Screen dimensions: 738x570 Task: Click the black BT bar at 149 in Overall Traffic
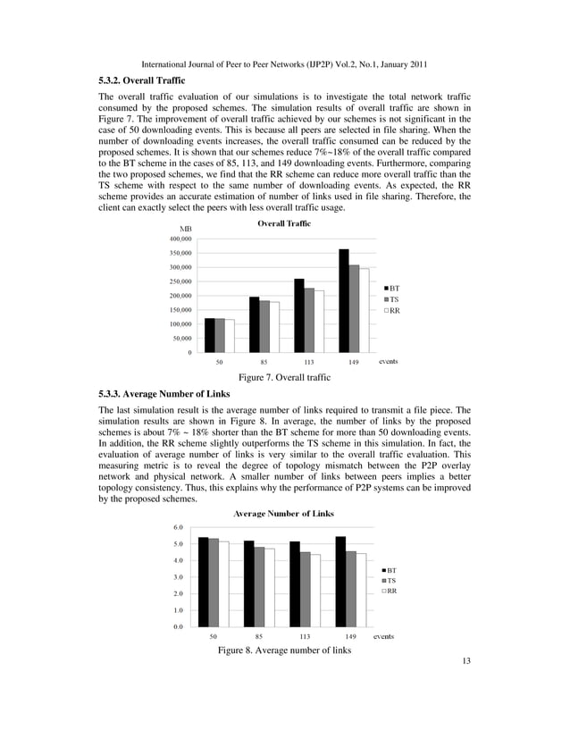[343, 302]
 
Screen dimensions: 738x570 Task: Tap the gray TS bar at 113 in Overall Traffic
[308, 321]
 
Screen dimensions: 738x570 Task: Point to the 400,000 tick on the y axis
[180, 239]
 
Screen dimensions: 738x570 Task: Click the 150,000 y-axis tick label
[180, 310]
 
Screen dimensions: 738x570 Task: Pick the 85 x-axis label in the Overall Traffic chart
[264, 363]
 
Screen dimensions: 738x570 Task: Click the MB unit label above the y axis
[188, 229]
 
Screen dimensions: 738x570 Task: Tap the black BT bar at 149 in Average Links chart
[340, 582]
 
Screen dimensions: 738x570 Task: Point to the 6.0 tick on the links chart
[179, 528]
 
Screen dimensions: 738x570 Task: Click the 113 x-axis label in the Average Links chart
[306, 638]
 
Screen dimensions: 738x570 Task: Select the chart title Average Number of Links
[283, 513]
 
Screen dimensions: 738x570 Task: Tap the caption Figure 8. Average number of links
[284, 650]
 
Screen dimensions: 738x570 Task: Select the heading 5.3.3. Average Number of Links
[164, 394]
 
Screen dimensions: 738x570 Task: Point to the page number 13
[465, 662]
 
